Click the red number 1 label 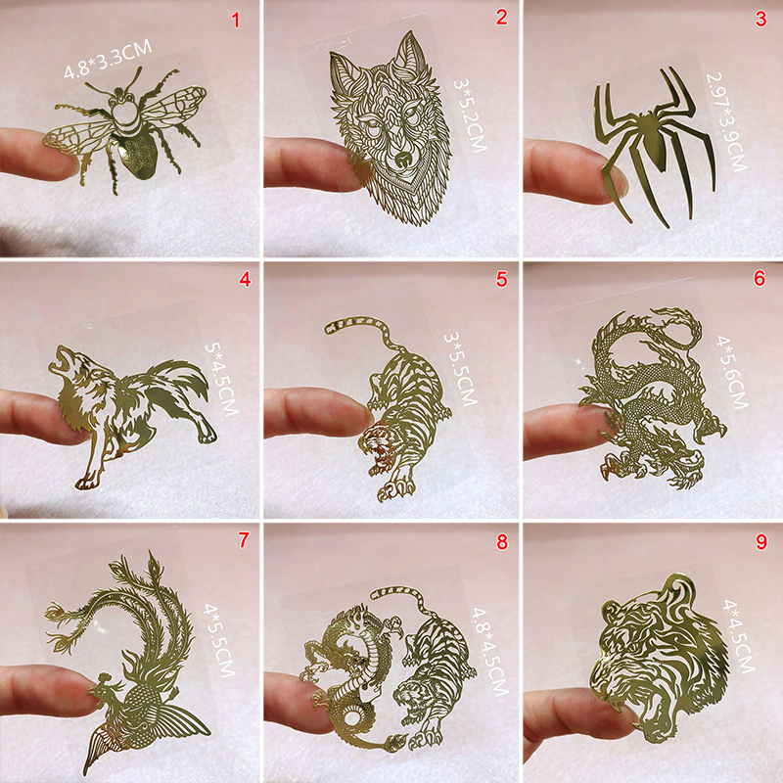coord(235,20)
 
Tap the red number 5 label coord(501,279)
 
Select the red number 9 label coord(761,541)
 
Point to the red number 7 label coord(243,540)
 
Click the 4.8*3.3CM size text coord(108,60)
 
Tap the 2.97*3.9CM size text coord(726,121)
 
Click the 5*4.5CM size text coord(222,379)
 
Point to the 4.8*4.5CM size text coord(490,651)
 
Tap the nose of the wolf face coord(402,160)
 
